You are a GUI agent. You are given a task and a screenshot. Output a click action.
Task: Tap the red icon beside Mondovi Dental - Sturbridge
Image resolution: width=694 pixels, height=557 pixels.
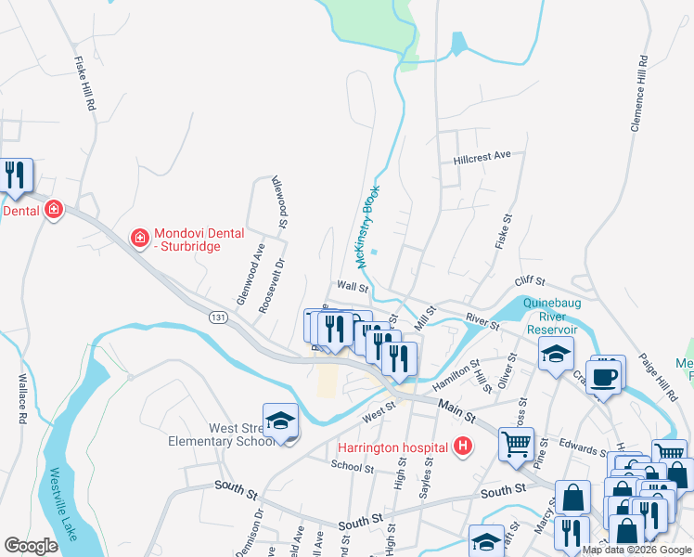pyautogui.click(x=140, y=239)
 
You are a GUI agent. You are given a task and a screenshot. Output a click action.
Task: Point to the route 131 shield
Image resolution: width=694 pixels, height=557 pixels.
pyautogui.click(x=218, y=317)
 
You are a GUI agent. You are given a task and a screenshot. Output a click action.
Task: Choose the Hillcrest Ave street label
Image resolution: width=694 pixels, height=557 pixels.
pyautogui.click(x=482, y=158)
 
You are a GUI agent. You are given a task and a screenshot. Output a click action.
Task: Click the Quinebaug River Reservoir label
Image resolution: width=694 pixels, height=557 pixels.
pyautogui.click(x=551, y=317)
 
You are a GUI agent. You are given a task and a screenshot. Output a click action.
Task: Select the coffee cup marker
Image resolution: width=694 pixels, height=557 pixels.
pyautogui.click(x=604, y=377)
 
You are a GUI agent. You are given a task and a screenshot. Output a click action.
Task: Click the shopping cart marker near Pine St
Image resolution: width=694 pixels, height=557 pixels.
pyautogui.click(x=516, y=443)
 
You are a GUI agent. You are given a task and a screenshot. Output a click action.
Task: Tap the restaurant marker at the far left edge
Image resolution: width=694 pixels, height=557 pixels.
pyautogui.click(x=14, y=175)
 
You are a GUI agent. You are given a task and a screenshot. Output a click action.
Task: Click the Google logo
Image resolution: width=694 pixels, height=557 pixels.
pyautogui.click(x=31, y=546)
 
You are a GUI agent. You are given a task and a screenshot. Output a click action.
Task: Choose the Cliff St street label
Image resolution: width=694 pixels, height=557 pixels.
pyautogui.click(x=530, y=280)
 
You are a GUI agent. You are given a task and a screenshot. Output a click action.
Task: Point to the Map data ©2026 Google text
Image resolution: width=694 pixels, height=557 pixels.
pyautogui.click(x=636, y=550)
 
